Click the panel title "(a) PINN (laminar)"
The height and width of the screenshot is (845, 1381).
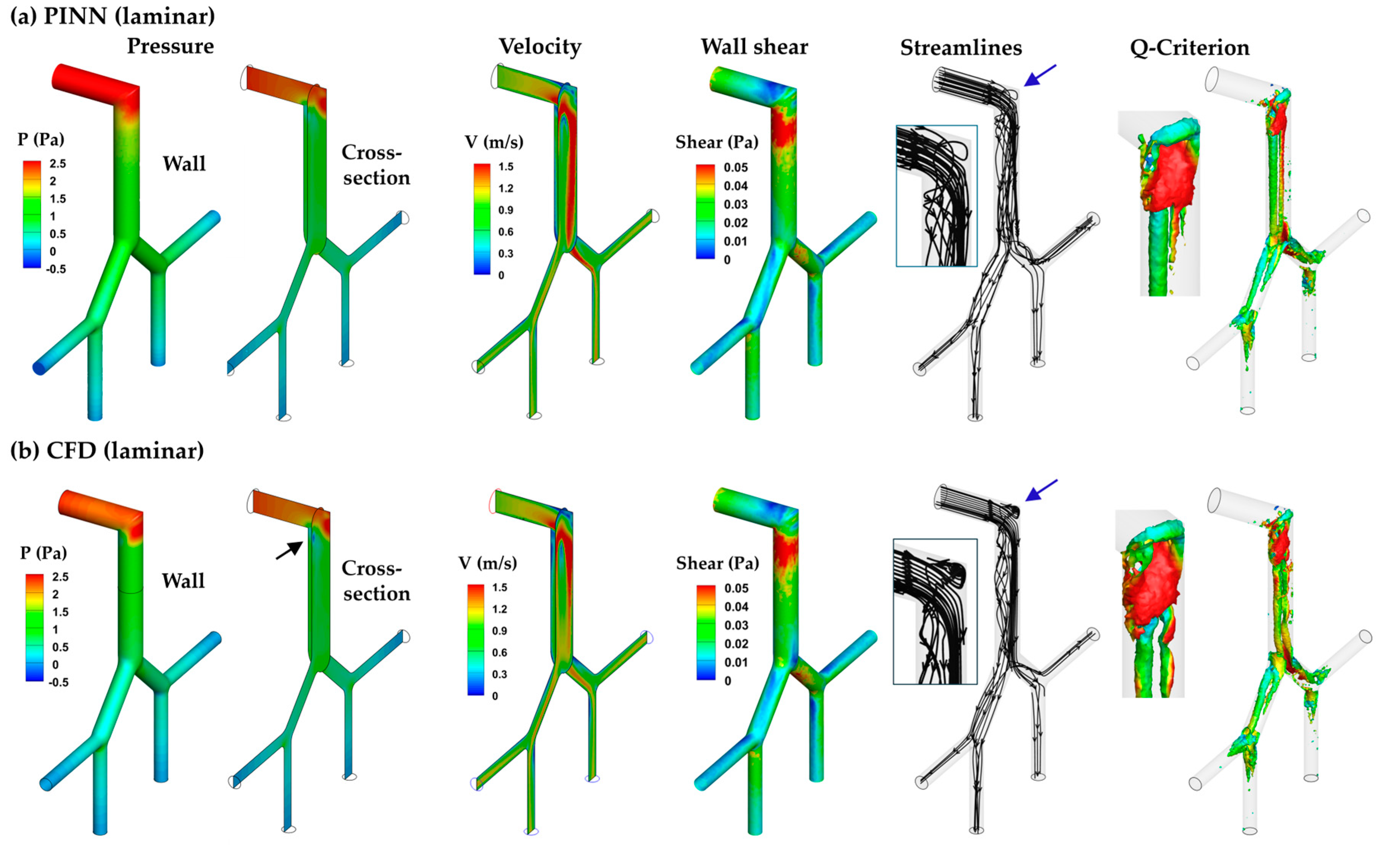(112, 16)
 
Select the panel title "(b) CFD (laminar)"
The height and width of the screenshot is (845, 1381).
(107, 451)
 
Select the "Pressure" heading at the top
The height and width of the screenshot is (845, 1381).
(170, 46)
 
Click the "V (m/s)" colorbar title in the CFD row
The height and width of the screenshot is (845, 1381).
(487, 563)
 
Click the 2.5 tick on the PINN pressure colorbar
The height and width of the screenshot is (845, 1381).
(58, 164)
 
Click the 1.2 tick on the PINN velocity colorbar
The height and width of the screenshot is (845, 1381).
(506, 188)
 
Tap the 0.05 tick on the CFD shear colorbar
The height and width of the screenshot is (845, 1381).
(736, 588)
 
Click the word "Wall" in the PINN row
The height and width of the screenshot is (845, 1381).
(184, 164)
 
